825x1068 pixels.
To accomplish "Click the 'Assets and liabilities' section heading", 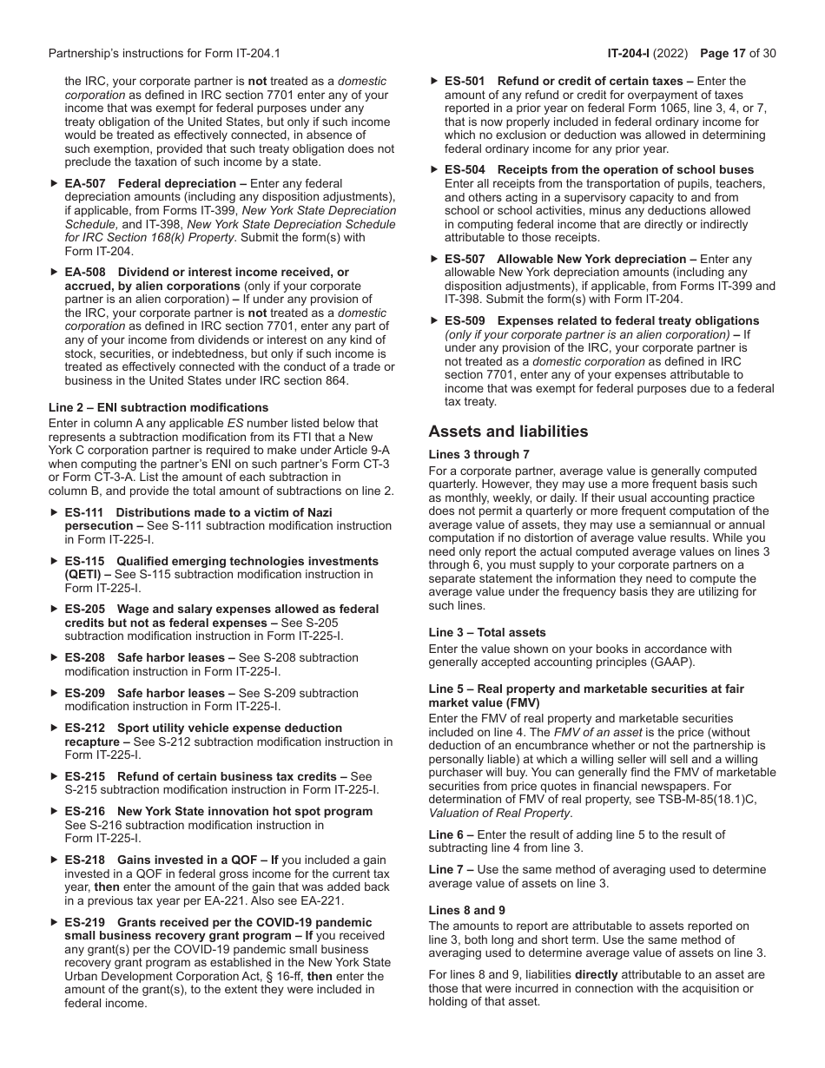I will pyautogui.click(x=508, y=432).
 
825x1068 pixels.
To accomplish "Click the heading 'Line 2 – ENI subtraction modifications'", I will pyautogui.click(x=158, y=407).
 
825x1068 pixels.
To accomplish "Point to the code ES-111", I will pyautogui.click(x=84, y=512).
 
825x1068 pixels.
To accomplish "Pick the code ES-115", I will pyautogui.click(x=84, y=561).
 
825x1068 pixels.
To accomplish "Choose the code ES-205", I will pyautogui.click(x=84, y=610).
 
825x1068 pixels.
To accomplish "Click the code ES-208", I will pyautogui.click(x=84, y=658).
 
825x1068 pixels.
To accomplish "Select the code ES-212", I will pyautogui.click(x=84, y=728).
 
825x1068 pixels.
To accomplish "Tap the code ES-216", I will pyautogui.click(x=84, y=811).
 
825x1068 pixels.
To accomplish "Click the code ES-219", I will pyautogui.click(x=84, y=922).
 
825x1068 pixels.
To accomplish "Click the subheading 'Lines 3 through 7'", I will pyautogui.click(x=478, y=454).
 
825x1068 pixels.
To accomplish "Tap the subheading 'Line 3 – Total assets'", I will pyautogui.click(x=487, y=632).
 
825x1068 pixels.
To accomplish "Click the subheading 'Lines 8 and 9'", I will pyautogui.click(x=466, y=910).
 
